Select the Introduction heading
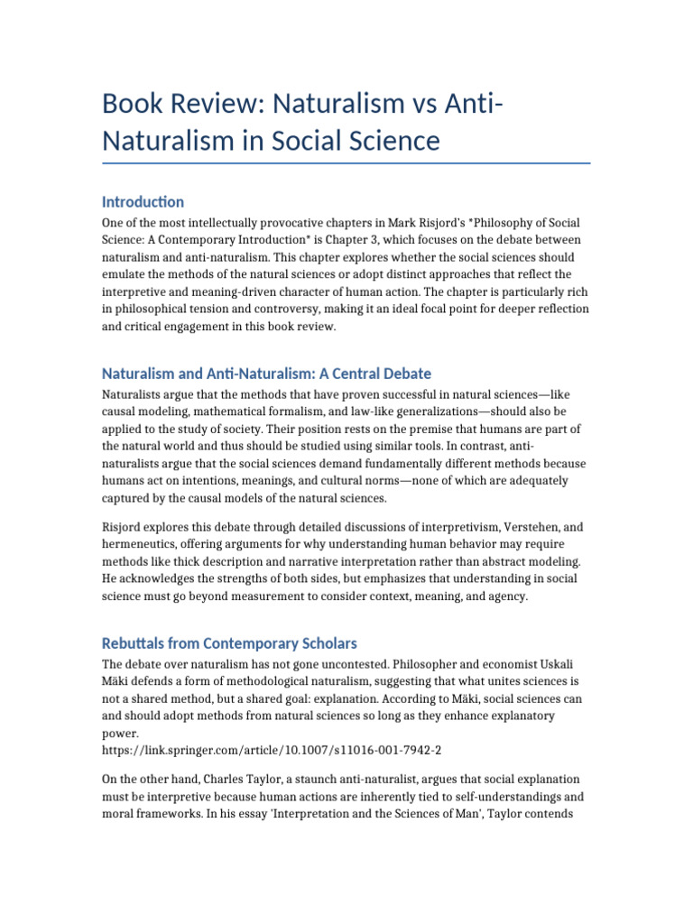click(143, 201)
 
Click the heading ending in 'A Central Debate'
click(266, 373)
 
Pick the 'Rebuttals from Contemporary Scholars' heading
click(229, 643)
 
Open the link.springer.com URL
click(272, 750)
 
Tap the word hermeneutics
click(143, 543)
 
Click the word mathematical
click(236, 412)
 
